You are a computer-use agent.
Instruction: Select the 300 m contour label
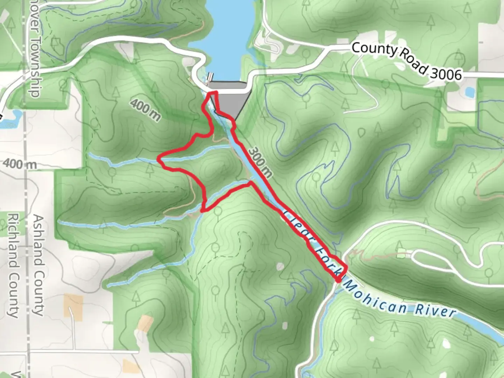coord(260,162)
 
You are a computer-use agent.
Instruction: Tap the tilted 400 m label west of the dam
coord(145,109)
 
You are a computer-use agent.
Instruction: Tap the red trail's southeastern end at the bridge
coord(338,280)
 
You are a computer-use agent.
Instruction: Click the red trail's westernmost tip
coord(159,160)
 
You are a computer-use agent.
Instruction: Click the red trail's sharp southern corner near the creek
coord(203,210)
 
